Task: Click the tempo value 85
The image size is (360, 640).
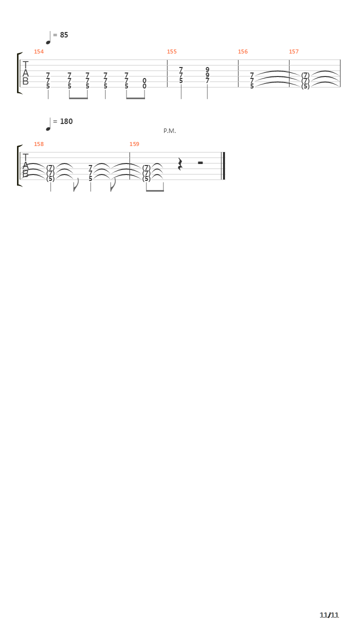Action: click(x=64, y=35)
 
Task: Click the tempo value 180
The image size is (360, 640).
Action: click(x=66, y=121)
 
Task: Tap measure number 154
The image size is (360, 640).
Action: click(x=39, y=51)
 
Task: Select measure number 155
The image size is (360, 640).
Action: click(x=171, y=51)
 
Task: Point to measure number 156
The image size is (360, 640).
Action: click(x=243, y=51)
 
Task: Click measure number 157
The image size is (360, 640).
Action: click(x=293, y=51)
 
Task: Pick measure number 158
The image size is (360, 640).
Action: click(x=39, y=144)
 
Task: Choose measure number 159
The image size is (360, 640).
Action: click(x=134, y=144)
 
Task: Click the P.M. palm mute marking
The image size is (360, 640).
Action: click(x=169, y=131)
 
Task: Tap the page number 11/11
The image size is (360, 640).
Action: click(x=329, y=615)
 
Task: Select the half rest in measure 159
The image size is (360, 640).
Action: click(x=200, y=163)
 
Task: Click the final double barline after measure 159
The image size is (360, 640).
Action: click(x=223, y=166)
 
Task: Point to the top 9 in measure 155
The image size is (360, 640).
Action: click(x=207, y=69)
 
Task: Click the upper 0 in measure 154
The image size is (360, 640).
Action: click(x=144, y=81)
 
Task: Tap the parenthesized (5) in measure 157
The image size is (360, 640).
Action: click(x=305, y=86)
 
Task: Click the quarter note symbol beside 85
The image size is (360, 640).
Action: click(x=48, y=38)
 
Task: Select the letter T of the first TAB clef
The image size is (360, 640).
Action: click(x=25, y=65)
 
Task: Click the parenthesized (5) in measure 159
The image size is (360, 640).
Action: click(x=146, y=179)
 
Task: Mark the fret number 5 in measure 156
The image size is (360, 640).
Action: click(x=251, y=86)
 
